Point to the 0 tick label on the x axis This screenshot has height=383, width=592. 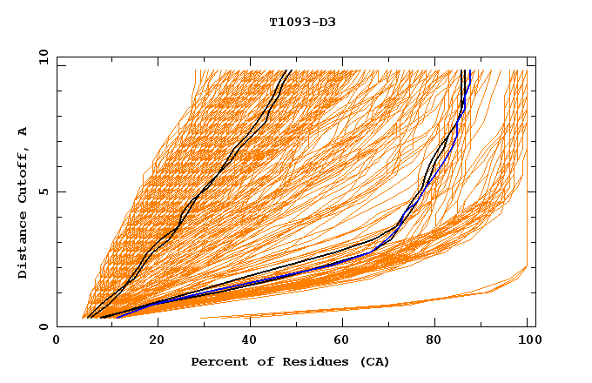pos(57,340)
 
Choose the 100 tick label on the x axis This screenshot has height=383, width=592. pos(527,340)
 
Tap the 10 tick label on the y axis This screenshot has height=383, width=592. pos(42,57)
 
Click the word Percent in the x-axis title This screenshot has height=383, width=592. pos(216,362)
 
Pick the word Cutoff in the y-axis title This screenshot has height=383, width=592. pos(24,178)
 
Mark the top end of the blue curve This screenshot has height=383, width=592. pos(469,71)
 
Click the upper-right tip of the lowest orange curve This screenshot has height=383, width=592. pos(527,267)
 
